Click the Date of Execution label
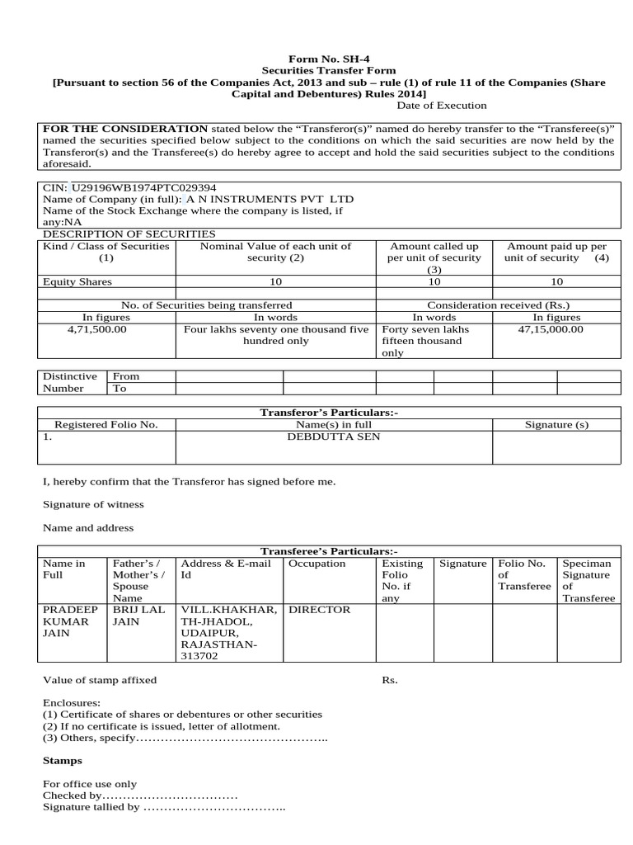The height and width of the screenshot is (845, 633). pos(441,106)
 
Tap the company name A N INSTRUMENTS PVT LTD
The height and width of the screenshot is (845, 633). pos(270,200)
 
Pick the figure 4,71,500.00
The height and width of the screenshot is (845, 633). pos(96,328)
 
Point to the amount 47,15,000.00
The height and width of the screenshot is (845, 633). pos(550,328)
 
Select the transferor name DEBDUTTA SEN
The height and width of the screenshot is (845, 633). pos(333,437)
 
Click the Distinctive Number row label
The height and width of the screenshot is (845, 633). pos(70,382)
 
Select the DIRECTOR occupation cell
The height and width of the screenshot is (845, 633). pos(319,610)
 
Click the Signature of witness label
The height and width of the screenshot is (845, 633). pos(93,504)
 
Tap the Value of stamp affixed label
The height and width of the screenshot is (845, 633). pos(99,681)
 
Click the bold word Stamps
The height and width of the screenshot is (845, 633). pos(62,760)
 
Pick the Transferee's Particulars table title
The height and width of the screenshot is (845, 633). pos(329,550)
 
